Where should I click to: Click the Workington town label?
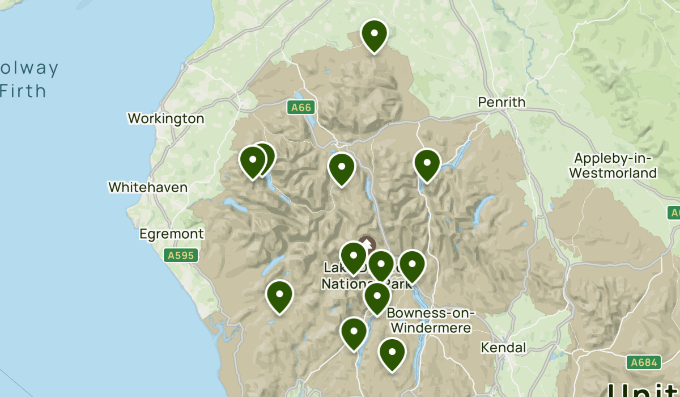pos(165,119)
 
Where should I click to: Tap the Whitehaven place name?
pos(148,187)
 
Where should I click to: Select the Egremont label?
pos(172,234)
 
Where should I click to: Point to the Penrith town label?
pos(501,103)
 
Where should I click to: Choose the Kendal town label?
pos(503,348)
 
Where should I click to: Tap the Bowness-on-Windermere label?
pos(431,321)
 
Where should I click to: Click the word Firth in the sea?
pos(23,91)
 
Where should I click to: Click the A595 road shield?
pos(181,256)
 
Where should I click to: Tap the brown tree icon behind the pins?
pos(367,244)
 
